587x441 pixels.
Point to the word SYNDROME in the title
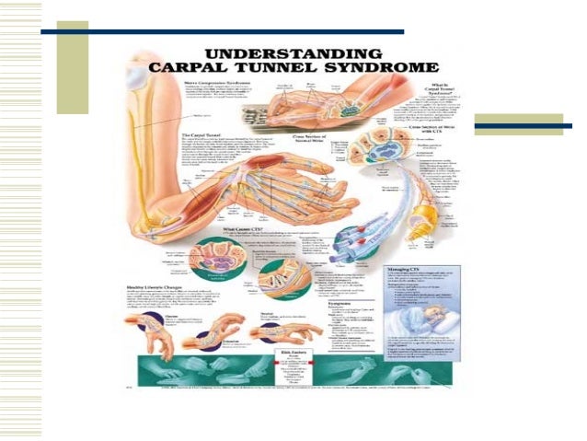[x=398, y=67]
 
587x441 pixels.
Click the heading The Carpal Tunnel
[x=195, y=135]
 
